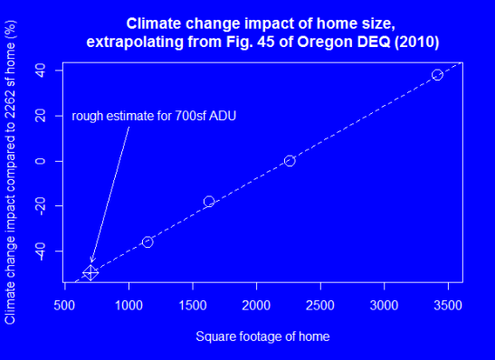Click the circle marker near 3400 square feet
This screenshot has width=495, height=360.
437,74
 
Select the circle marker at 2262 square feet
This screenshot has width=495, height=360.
290,160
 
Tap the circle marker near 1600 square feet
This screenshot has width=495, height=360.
209,201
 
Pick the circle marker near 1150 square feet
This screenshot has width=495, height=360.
148,242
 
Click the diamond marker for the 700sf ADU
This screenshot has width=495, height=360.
90,272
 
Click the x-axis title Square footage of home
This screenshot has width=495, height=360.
262,336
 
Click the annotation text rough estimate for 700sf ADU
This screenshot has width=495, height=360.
154,116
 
